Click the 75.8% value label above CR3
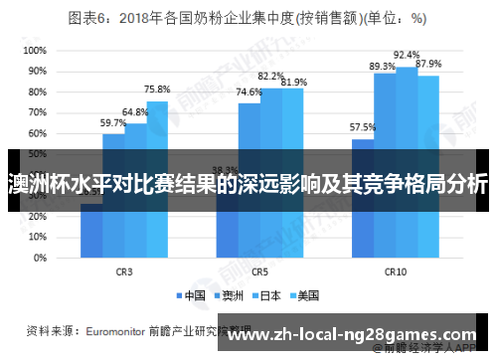pos(156,89)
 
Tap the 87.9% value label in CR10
pos(428,64)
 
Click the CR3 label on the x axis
pos(124,270)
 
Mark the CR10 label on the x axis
pos(395,270)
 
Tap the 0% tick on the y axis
pos(37,257)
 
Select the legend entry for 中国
pos(193,294)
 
